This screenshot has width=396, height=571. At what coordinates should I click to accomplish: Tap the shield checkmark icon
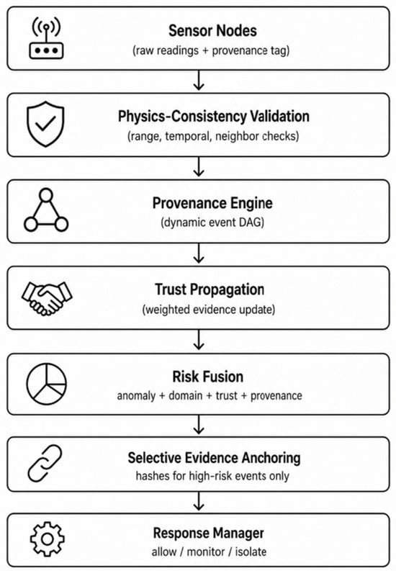coord(45,124)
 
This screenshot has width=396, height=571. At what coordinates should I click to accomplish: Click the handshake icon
coord(47,299)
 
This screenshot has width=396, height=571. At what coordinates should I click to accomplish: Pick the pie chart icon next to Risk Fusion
coord(47,384)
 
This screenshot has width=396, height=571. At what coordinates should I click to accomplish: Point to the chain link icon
coord(45,463)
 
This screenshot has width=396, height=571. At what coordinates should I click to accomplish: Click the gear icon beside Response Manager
coord(47,539)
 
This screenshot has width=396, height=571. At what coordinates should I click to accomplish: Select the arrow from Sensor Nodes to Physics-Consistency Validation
coord(199,81)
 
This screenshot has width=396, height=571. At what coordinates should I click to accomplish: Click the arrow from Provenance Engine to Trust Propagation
coord(199,253)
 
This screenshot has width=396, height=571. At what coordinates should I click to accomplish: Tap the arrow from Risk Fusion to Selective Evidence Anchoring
coord(199,425)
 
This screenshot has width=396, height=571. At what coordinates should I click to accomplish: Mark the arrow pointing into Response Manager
coord(199,501)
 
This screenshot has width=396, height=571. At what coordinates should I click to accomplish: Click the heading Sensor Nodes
coord(212,30)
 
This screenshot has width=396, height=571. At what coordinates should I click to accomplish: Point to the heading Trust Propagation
coord(210,289)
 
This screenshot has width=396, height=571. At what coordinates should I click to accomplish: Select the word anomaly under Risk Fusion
coord(136,396)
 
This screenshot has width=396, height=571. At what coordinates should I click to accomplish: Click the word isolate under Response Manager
coord(251,552)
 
